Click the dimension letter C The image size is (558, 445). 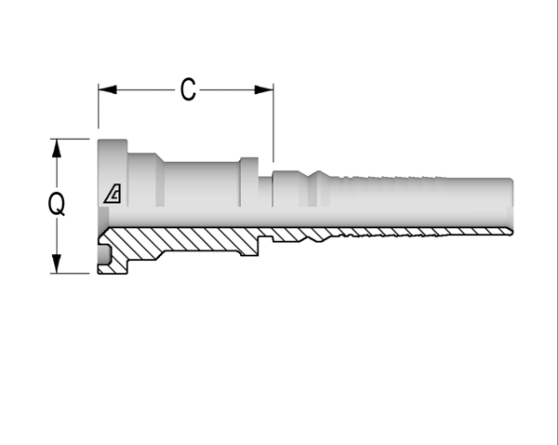[x=188, y=89]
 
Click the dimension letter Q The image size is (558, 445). [x=57, y=204]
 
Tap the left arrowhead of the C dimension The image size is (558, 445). [x=108, y=89]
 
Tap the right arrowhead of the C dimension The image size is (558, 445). [x=264, y=89]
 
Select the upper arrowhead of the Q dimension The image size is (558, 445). [x=57, y=148]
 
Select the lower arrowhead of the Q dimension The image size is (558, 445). [x=57, y=263]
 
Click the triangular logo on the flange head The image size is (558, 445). [x=113, y=194]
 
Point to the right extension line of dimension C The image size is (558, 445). [x=273, y=123]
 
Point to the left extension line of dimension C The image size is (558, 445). [x=99, y=106]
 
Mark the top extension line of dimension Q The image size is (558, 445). [x=70, y=139]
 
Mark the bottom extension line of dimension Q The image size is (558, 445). [x=70, y=274]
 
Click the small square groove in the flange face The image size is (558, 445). [x=104, y=253]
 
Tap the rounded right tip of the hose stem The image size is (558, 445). [x=511, y=205]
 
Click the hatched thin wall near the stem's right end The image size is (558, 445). [x=462, y=232]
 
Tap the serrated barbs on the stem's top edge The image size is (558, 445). [x=388, y=177]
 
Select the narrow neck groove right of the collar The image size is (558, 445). [x=265, y=192]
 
